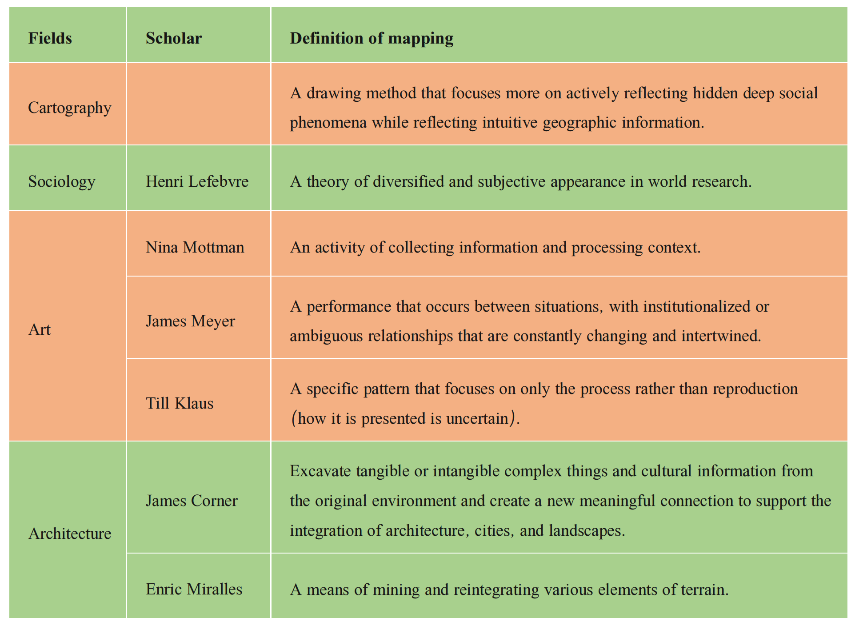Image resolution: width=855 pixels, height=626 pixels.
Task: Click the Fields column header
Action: point(50,38)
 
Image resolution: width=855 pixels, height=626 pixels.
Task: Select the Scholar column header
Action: point(174,38)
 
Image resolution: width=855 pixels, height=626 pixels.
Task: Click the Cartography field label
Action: point(70,108)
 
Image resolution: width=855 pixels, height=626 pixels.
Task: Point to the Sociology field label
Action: point(62,182)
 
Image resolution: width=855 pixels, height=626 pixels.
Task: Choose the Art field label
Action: point(40,329)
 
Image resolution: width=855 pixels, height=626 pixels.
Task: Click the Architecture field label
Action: point(70,534)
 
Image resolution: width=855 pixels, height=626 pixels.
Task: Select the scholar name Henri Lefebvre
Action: point(197,181)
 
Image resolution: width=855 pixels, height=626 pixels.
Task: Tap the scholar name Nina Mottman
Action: point(195,247)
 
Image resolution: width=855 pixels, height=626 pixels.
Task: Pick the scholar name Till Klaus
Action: point(180,403)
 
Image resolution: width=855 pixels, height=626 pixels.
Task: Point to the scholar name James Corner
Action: point(192,501)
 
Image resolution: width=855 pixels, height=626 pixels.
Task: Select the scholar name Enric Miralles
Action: point(194,589)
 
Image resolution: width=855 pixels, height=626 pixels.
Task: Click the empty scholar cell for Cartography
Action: point(199,104)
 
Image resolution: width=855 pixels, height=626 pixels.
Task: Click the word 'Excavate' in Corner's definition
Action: point(320,471)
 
